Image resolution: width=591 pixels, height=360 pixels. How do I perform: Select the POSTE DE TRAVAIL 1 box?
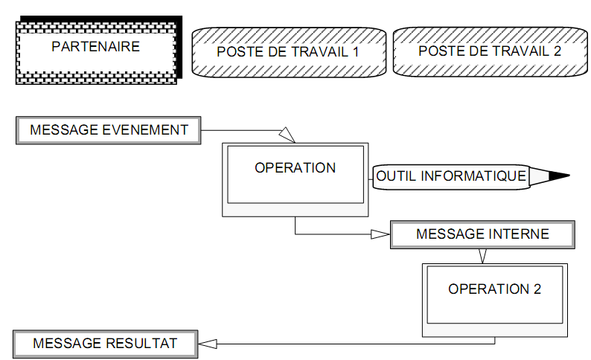288,52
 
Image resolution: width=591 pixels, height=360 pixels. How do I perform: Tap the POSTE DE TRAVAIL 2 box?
490,51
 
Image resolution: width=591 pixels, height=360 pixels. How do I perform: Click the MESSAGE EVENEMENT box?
109,130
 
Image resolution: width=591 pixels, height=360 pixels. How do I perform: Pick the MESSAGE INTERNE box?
482,234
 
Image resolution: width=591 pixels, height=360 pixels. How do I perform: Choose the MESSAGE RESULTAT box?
105,344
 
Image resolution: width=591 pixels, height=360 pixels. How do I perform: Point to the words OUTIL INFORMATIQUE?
451,176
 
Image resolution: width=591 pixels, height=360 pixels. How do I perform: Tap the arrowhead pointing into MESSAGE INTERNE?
380,234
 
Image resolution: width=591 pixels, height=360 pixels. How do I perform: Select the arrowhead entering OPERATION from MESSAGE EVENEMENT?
287,135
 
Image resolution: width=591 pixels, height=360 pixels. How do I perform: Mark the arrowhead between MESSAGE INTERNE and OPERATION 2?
482,256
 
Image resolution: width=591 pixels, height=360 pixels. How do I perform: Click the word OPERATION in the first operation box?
295,168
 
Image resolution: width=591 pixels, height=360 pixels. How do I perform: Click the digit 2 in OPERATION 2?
537,289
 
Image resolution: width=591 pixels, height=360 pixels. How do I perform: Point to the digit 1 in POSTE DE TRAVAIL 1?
355,52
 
